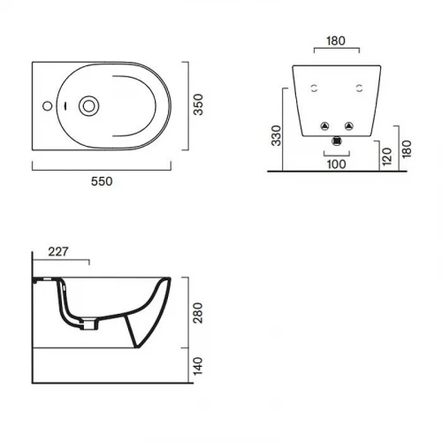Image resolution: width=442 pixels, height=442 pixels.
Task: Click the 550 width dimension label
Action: point(102,181)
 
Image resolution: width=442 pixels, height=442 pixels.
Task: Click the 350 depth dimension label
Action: point(198,104)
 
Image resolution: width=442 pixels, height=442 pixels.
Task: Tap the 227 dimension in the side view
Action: point(58,252)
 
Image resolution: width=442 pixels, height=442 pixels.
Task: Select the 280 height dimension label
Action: point(198,313)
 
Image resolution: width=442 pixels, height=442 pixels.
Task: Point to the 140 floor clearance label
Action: point(198,366)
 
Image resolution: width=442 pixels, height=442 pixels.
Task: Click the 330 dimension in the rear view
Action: point(277,135)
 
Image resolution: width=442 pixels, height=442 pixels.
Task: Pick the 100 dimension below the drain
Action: point(337,164)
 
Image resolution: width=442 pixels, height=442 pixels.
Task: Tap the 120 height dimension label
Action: point(386,156)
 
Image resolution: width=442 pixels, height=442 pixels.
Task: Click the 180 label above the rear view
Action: point(336,41)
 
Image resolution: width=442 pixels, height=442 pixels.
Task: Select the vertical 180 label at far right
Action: point(407,149)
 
